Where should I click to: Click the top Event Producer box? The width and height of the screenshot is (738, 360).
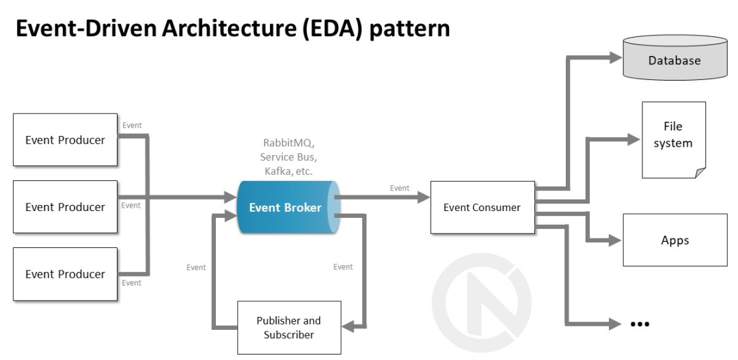65,140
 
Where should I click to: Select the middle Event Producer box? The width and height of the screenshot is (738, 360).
65,206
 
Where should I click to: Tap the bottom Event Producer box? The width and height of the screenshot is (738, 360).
65,274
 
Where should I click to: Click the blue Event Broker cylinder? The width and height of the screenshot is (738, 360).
288,207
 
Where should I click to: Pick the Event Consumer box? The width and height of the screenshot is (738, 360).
482,208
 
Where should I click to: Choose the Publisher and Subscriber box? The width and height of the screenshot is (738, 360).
289,327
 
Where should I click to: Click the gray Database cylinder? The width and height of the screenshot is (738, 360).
675,57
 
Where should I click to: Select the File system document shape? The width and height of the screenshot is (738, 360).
674,140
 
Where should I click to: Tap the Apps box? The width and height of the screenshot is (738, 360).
675,240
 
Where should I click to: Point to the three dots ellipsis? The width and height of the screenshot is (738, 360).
640,324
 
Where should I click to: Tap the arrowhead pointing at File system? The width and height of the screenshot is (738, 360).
633,139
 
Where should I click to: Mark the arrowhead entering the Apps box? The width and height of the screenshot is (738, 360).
616,240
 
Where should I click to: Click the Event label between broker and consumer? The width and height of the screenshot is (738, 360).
400,189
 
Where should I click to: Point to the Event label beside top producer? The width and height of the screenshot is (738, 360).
132,125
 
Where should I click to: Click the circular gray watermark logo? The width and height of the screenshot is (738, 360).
482,302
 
